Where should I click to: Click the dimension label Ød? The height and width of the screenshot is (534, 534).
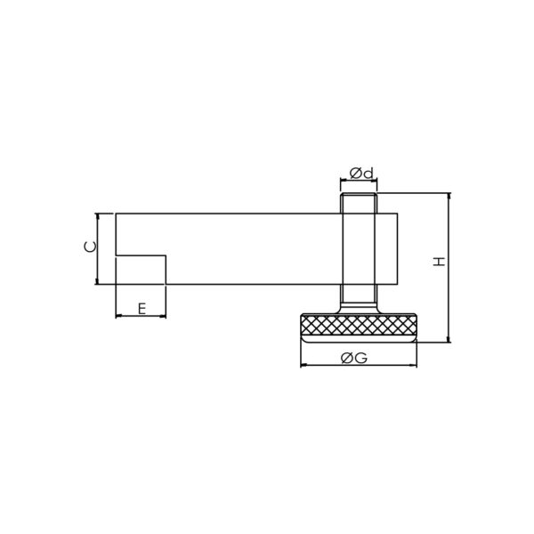tap(361, 174)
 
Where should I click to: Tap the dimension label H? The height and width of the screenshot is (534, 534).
tap(440, 262)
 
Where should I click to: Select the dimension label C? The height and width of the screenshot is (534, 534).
tap(90, 247)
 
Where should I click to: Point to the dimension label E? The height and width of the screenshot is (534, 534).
tap(142, 309)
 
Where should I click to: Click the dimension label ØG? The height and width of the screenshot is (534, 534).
tap(354, 358)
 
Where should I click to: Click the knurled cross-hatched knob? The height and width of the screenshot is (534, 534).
tap(359, 325)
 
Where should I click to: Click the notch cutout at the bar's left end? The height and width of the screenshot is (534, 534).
tap(141, 270)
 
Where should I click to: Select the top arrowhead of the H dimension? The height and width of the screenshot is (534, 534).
tap(449, 196)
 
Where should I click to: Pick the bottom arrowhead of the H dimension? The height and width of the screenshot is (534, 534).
tap(449, 340)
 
